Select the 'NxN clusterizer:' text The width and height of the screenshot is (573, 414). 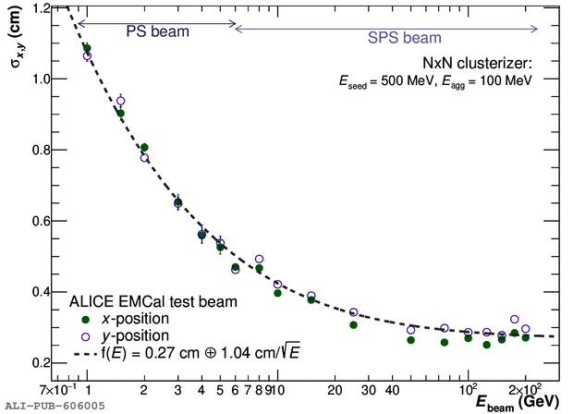click(478, 63)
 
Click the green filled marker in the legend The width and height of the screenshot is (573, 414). click(87, 317)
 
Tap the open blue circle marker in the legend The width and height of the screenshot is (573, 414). click(87, 335)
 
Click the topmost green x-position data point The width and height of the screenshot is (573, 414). click(87, 48)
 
